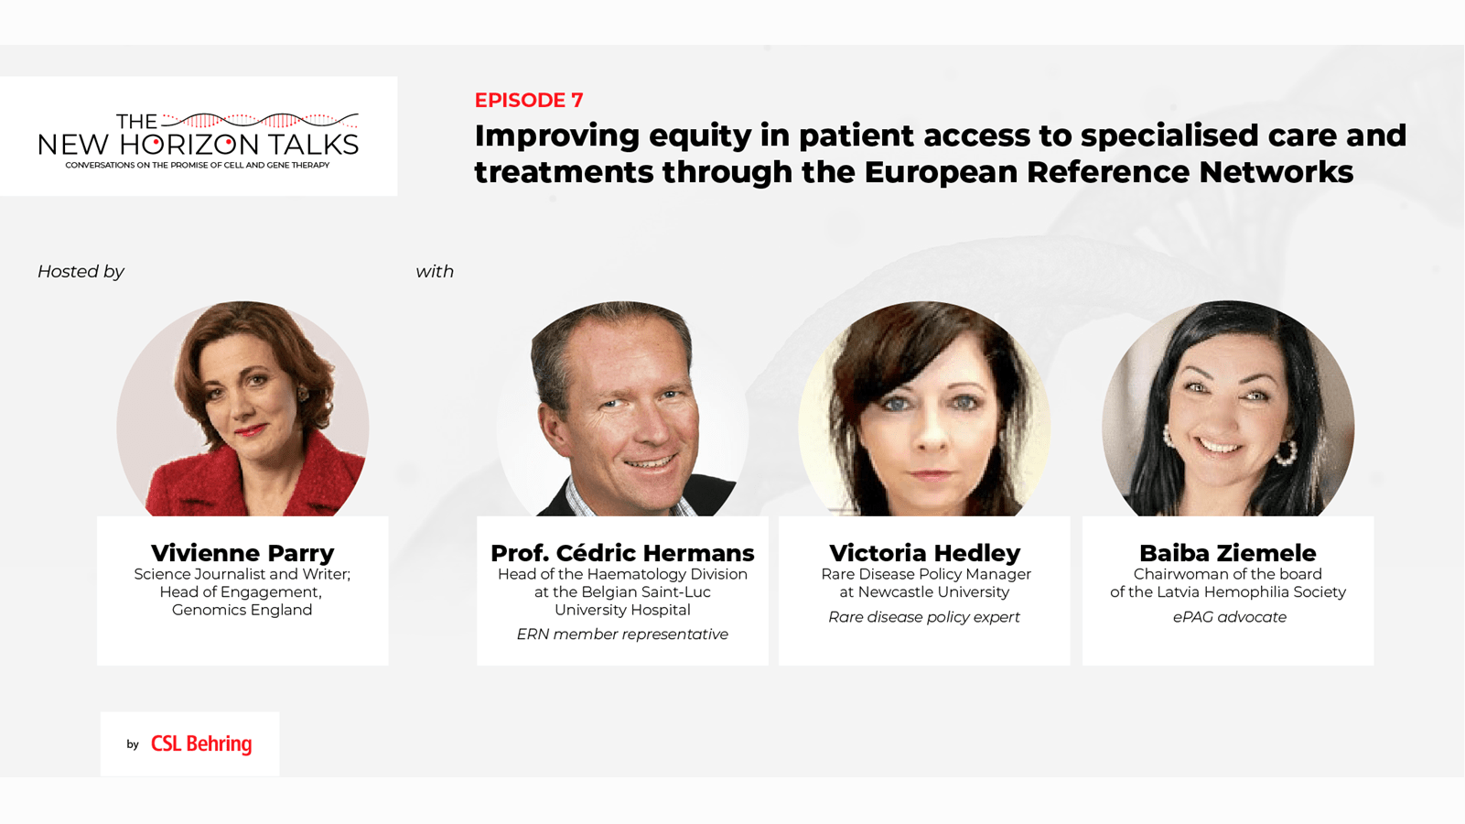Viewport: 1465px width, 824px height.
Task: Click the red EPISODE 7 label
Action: pyautogui.click(x=528, y=100)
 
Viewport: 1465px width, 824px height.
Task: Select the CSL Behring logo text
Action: pyautogui.click(x=200, y=743)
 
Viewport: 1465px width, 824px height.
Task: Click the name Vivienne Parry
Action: pyautogui.click(x=242, y=553)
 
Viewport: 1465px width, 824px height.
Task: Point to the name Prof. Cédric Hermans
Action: pyautogui.click(x=622, y=553)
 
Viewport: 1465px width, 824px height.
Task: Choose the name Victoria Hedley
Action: pyautogui.click(x=924, y=553)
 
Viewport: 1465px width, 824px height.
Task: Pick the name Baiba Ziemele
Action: pyautogui.click(x=1227, y=553)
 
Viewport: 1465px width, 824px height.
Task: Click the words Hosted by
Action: pyautogui.click(x=81, y=271)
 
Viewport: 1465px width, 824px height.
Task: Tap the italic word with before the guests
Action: pyautogui.click(x=435, y=271)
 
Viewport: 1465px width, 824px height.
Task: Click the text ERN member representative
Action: pyautogui.click(x=622, y=634)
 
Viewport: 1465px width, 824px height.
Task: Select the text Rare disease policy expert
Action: pyautogui.click(x=923, y=617)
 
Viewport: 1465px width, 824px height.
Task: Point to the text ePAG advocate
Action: pyautogui.click(x=1229, y=617)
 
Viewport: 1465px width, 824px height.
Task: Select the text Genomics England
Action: pyautogui.click(x=242, y=610)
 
